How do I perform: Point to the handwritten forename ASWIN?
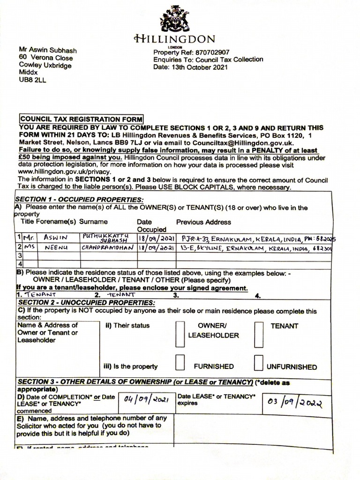[56, 238]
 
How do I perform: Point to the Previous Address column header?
[203, 222]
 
